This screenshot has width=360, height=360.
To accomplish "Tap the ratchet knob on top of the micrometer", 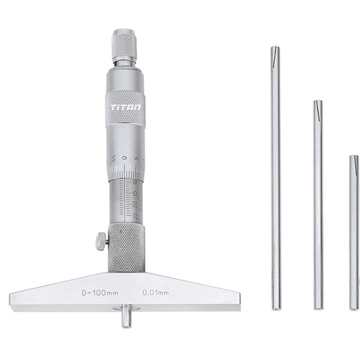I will coord(125,44).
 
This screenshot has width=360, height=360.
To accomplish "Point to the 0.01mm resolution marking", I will coord(155,293).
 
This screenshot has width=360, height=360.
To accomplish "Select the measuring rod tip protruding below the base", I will coord(126,317).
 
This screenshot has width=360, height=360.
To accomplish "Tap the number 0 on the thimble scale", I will coord(125,157).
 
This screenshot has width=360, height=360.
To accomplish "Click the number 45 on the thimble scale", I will coord(113,159).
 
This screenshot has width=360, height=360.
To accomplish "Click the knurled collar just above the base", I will coord(126,247).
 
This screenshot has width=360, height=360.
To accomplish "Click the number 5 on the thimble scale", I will coord(137,159).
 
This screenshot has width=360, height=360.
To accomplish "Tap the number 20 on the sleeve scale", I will coord(127,205).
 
